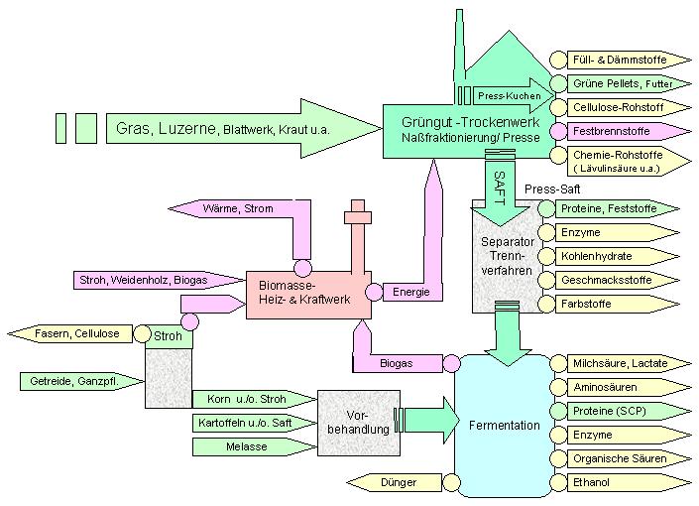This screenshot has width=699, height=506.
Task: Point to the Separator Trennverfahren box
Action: tap(506, 256)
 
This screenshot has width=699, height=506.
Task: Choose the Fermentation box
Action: tap(504, 426)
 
